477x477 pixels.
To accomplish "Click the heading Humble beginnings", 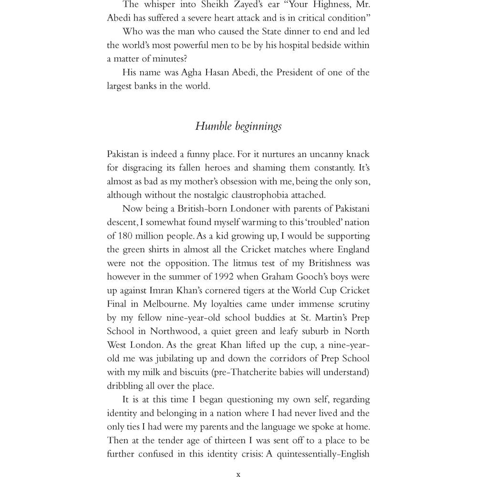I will pyautogui.click(x=238, y=126).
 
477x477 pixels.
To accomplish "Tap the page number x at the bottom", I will pyautogui.click(x=238, y=474).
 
